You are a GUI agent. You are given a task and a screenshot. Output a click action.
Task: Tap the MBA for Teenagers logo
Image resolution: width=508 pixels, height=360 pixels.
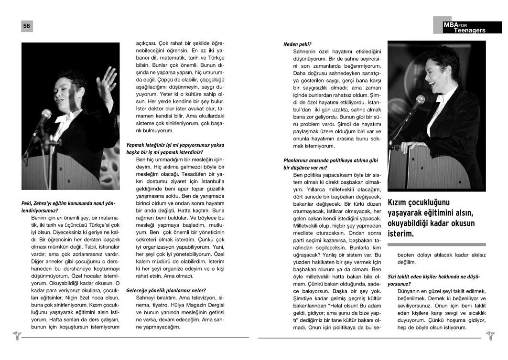pyautogui.click(x=464, y=27)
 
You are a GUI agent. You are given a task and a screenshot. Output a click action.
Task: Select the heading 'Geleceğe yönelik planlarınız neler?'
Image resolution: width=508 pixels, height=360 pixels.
pyautogui.click(x=166, y=290)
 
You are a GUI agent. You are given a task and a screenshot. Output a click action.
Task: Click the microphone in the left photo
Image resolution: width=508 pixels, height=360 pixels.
pyautogui.click(x=45, y=116)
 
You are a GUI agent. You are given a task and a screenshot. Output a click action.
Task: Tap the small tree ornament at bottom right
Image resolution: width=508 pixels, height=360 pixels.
pyautogui.click(x=490, y=335)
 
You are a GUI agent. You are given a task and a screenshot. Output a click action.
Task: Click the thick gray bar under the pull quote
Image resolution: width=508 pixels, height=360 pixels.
pyautogui.click(x=436, y=244)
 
